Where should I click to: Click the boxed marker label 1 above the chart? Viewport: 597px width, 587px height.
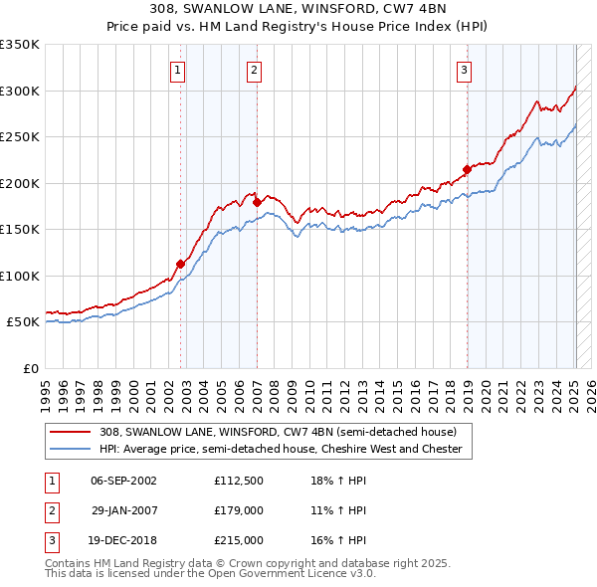176,70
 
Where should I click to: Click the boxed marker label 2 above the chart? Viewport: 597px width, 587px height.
255,70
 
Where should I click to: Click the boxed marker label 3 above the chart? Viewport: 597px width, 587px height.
465,70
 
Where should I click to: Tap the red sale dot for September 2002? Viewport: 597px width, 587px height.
181,264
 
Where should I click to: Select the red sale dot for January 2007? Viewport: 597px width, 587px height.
257,202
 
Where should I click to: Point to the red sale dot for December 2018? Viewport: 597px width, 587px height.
467,169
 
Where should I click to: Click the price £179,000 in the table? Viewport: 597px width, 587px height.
238,510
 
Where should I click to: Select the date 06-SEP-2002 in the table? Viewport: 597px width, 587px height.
123,481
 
